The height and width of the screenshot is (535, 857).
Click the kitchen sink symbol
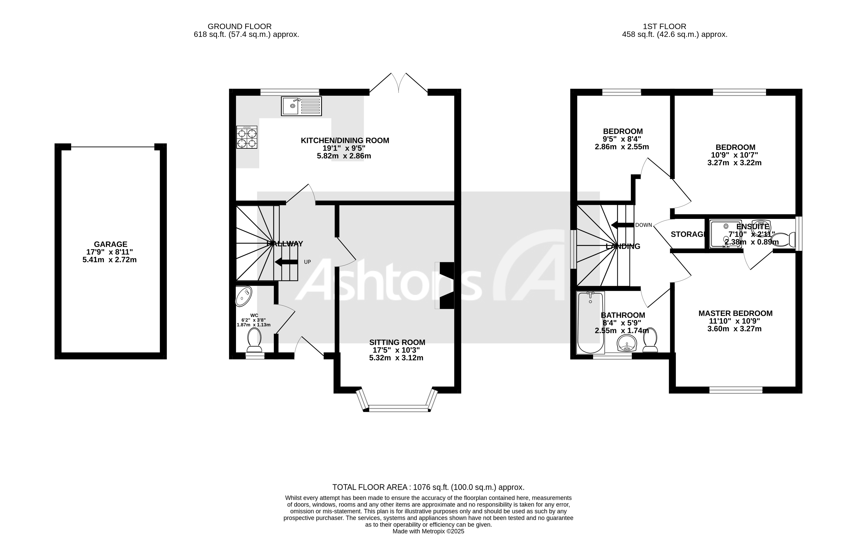point(301,106)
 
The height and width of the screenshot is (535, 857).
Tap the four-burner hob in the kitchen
point(247,137)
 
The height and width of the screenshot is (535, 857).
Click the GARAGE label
point(110,244)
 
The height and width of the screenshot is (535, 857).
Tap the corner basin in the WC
point(244,296)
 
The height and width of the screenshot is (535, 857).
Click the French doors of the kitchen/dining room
point(398,84)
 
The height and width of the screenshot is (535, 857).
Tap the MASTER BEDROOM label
point(735,313)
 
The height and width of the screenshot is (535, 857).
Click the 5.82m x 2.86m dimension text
point(344,156)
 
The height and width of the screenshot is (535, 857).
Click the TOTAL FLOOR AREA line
point(428,487)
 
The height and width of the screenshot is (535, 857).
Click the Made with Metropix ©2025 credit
point(428,531)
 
